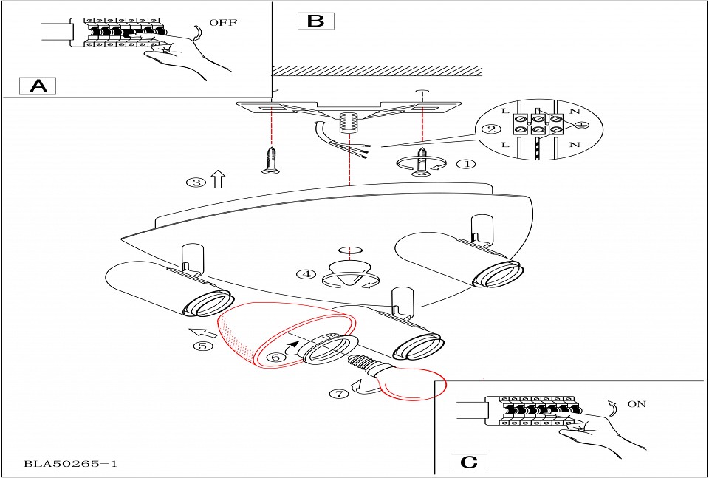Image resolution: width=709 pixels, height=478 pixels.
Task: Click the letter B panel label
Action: [315, 20]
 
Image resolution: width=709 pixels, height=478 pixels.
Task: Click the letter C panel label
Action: [469, 462]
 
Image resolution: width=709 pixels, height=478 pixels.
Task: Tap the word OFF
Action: [223, 23]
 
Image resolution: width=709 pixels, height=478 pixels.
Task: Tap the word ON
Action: [637, 404]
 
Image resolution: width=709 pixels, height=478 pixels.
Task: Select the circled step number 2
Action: [490, 130]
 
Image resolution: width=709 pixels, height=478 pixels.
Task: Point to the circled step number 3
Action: [196, 182]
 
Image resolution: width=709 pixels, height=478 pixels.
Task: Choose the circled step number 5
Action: [204, 346]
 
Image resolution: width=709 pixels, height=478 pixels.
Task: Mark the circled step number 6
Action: [274, 356]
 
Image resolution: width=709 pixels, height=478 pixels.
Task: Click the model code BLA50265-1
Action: [71, 464]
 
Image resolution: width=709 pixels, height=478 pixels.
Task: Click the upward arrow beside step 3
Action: [218, 180]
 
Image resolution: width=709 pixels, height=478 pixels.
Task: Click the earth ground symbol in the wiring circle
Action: [581, 123]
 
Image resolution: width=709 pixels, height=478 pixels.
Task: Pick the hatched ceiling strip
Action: [377, 72]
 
